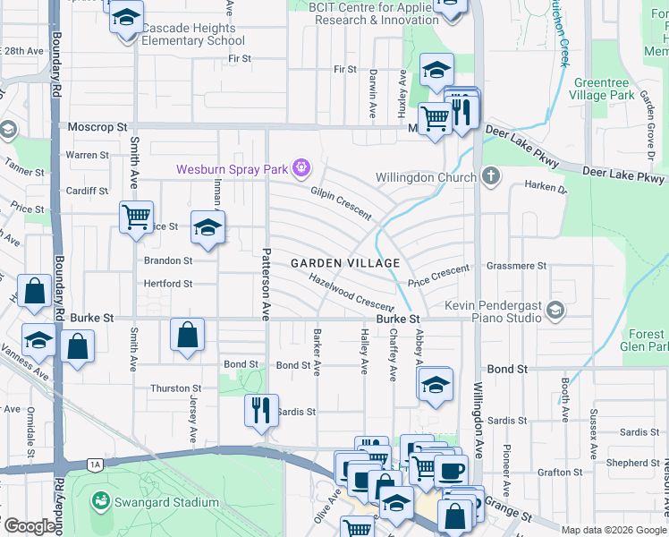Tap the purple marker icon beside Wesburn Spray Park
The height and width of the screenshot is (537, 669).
tap(302, 167)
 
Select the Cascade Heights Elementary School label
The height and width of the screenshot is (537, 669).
tap(192, 34)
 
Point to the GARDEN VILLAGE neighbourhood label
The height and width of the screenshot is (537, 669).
tap(344, 263)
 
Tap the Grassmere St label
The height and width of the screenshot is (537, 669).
tap(516, 266)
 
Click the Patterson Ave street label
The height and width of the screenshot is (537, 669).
tap(265, 284)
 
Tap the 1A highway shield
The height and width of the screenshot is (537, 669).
tap(95, 465)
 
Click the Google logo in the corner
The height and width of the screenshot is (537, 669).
tap(30, 526)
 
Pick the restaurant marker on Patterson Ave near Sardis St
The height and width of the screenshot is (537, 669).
tap(261, 410)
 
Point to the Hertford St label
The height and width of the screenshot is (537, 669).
tap(167, 284)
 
